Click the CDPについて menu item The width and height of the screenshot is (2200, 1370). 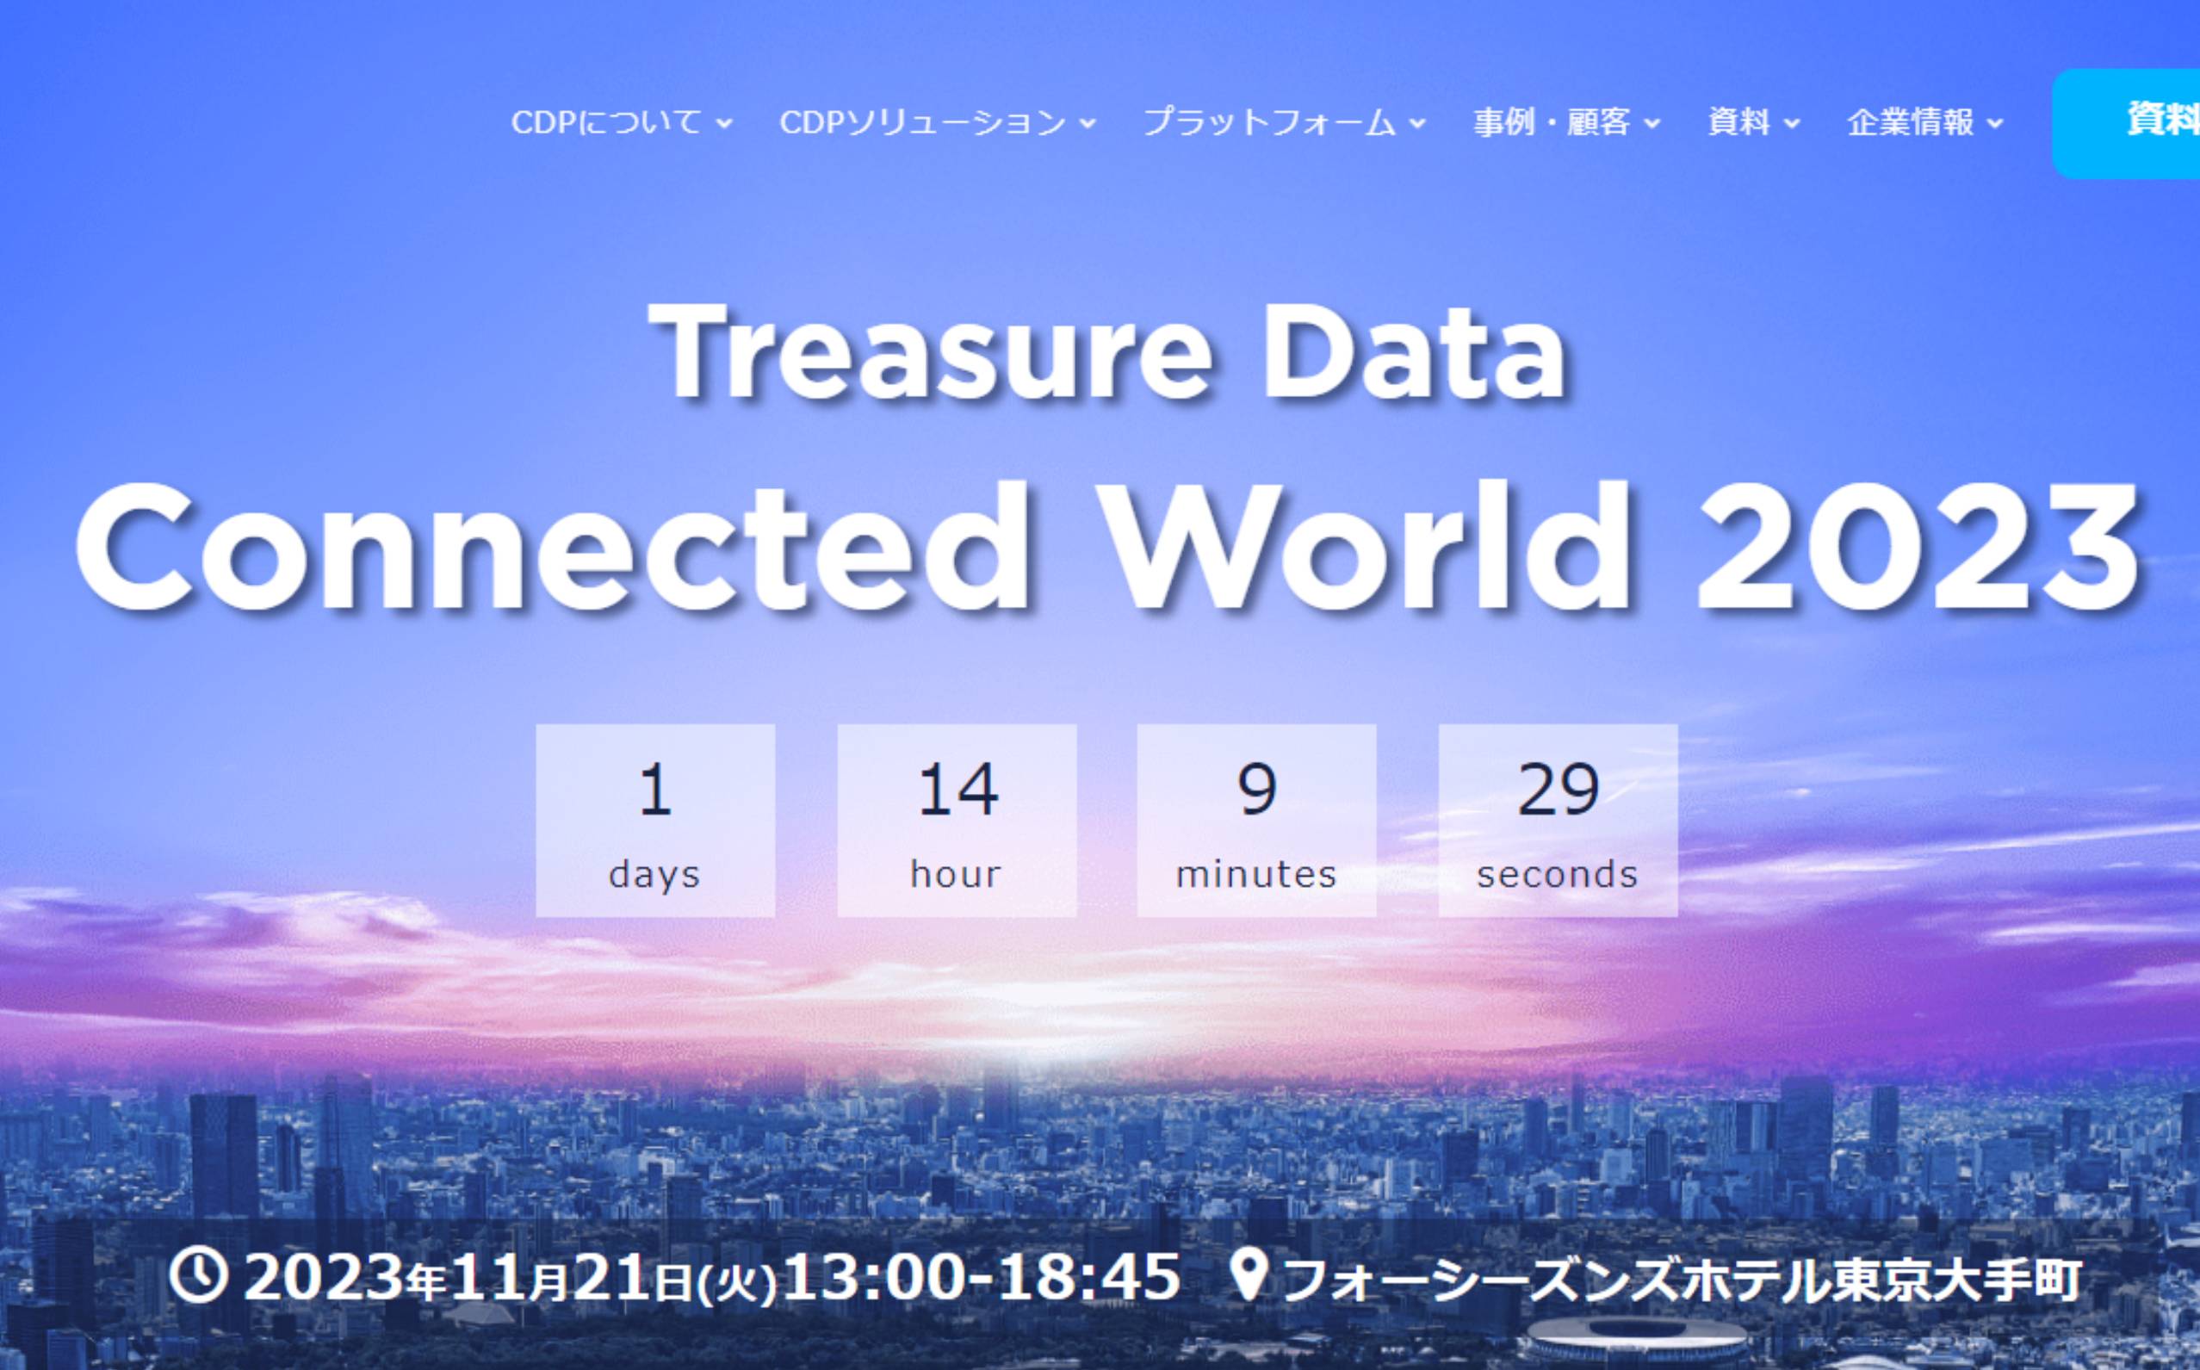(x=621, y=122)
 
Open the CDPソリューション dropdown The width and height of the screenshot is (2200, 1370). (x=937, y=122)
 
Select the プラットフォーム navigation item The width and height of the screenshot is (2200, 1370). (x=1284, y=122)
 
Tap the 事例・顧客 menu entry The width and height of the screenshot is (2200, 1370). (x=1565, y=122)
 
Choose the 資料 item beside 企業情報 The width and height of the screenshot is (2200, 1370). (x=1752, y=122)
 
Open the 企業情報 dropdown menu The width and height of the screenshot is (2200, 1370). (x=1924, y=122)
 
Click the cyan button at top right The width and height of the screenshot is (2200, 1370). (x=2126, y=123)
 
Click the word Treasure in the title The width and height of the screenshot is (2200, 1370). (x=936, y=353)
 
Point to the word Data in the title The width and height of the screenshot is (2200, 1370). (x=1414, y=353)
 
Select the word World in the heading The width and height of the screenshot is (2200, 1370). (x=1368, y=550)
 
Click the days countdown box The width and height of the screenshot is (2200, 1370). (x=655, y=820)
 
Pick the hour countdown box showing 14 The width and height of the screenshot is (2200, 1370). (x=957, y=820)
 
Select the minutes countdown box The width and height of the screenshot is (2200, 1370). (x=1257, y=820)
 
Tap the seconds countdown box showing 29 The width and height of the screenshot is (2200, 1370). (x=1559, y=820)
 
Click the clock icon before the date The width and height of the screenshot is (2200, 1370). (x=196, y=1275)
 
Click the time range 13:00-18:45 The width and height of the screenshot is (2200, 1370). (x=982, y=1277)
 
